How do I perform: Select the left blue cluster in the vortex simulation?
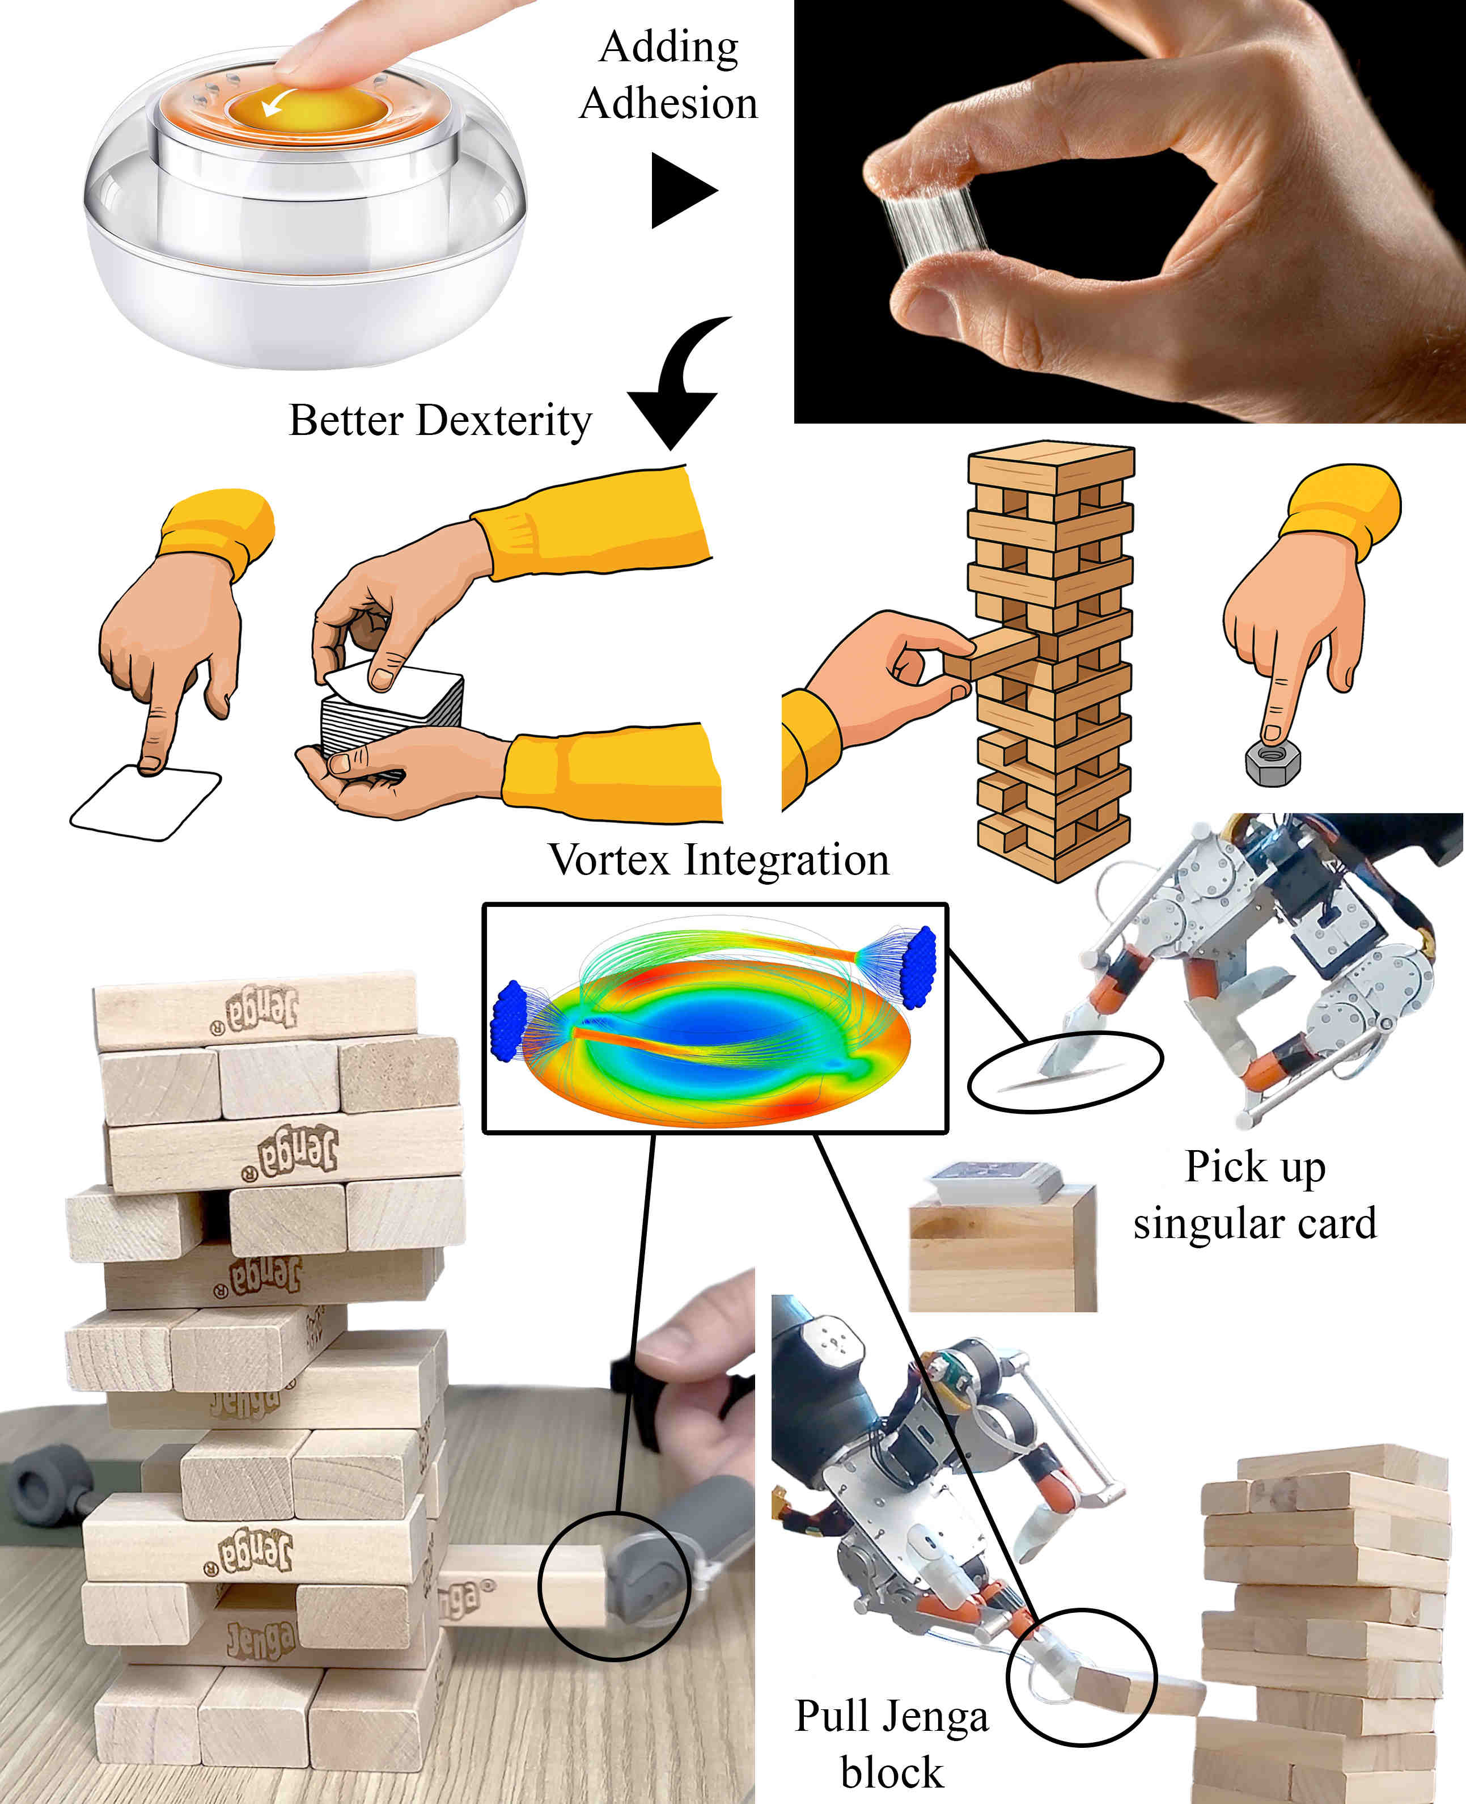(x=509, y=1020)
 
